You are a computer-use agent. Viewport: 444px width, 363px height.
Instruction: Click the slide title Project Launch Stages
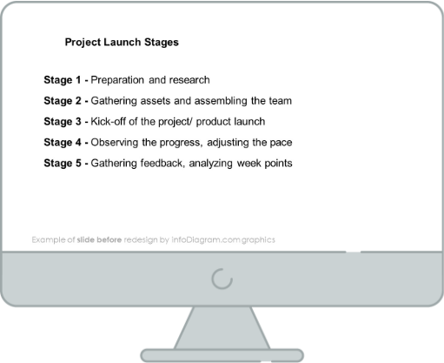(x=122, y=43)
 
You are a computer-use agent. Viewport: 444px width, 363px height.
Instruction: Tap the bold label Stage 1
(x=63, y=80)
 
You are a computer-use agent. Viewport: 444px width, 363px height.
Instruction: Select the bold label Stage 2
(x=63, y=101)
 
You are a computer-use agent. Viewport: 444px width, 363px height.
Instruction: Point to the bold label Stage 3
(x=63, y=121)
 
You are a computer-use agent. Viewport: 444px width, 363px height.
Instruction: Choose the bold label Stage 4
(x=63, y=142)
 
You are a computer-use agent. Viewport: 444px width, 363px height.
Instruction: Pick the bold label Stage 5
(x=63, y=163)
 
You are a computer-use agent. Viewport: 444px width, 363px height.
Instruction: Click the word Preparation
(x=117, y=80)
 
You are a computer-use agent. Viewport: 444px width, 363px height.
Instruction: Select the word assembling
(x=221, y=101)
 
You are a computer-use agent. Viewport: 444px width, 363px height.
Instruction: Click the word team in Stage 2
(x=281, y=101)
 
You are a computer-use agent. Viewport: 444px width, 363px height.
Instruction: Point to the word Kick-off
(x=109, y=121)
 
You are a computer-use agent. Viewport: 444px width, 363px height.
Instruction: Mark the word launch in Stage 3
(x=249, y=121)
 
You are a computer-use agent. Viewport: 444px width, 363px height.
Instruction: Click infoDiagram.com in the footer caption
(x=206, y=240)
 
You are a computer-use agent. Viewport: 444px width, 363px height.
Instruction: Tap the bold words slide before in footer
(x=99, y=239)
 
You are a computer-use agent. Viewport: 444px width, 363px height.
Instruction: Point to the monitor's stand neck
(x=222, y=328)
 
